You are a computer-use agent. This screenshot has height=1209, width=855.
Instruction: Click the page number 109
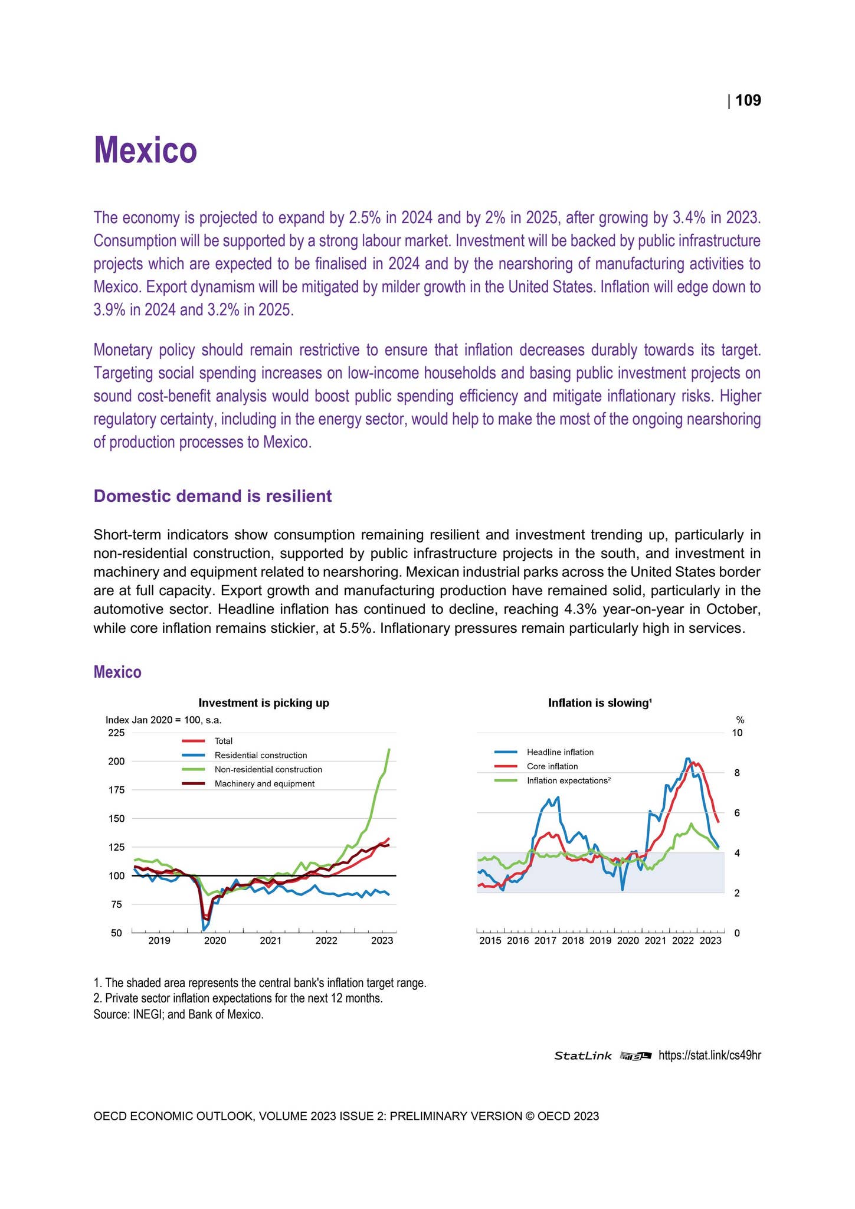(748, 101)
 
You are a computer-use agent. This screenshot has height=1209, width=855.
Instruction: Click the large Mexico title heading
(145, 150)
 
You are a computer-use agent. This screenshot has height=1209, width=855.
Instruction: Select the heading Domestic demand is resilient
(212, 496)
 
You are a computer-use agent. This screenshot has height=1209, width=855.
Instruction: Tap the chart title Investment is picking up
(264, 702)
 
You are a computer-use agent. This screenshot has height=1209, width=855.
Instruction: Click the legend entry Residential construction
(260, 755)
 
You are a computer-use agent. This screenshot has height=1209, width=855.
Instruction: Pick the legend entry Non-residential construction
(268, 769)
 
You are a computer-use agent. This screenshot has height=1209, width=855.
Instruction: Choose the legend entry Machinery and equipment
(264, 783)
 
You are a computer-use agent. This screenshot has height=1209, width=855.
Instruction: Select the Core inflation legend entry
(552, 766)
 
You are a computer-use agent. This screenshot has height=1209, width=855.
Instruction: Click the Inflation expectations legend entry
(568, 780)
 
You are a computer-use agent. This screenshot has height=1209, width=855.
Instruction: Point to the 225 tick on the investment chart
(116, 733)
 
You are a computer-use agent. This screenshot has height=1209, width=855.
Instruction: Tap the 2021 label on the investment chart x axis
(270, 941)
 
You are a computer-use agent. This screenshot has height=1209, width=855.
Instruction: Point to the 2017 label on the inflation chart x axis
(545, 941)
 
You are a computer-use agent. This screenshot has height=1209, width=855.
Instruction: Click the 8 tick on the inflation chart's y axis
(736, 773)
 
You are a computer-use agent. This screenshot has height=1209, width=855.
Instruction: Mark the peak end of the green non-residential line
(389, 749)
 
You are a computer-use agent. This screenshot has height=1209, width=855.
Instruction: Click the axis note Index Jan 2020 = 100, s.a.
(163, 720)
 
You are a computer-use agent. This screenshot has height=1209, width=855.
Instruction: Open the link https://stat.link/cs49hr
(709, 1055)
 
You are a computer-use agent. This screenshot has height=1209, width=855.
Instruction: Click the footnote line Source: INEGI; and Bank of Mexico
(178, 1015)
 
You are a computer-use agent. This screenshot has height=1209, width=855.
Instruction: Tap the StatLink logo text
(582, 1056)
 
